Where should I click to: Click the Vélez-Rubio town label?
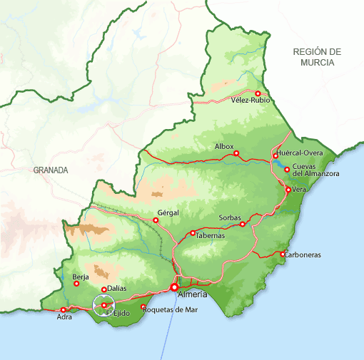coord(251,101)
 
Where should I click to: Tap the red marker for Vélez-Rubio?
coord(258,93)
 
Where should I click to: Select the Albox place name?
coord(224,146)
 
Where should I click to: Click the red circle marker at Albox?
coord(236,153)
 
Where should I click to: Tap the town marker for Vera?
coord(288,190)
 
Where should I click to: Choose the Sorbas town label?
coord(231,217)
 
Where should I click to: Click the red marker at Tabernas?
coord(193,233)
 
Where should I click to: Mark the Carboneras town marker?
coord(283,254)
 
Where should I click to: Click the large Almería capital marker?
coord(174,287)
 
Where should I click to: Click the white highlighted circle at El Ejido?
coord(104,305)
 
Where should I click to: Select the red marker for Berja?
coord(76,284)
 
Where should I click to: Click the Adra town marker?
coord(64,309)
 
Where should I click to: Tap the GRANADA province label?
coord(50,170)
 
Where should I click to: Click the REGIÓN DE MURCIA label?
coord(317,57)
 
